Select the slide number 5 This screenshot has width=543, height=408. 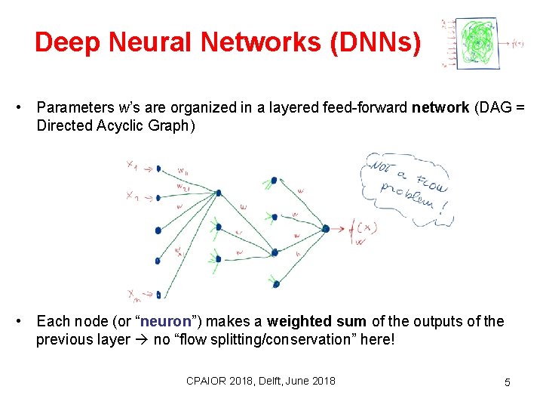click(507, 382)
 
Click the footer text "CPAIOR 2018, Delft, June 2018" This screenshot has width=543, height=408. click(261, 380)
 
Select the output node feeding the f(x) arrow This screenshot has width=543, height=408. click(325, 227)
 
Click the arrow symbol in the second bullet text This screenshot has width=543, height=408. click(141, 340)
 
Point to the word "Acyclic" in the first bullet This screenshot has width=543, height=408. click(120, 125)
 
